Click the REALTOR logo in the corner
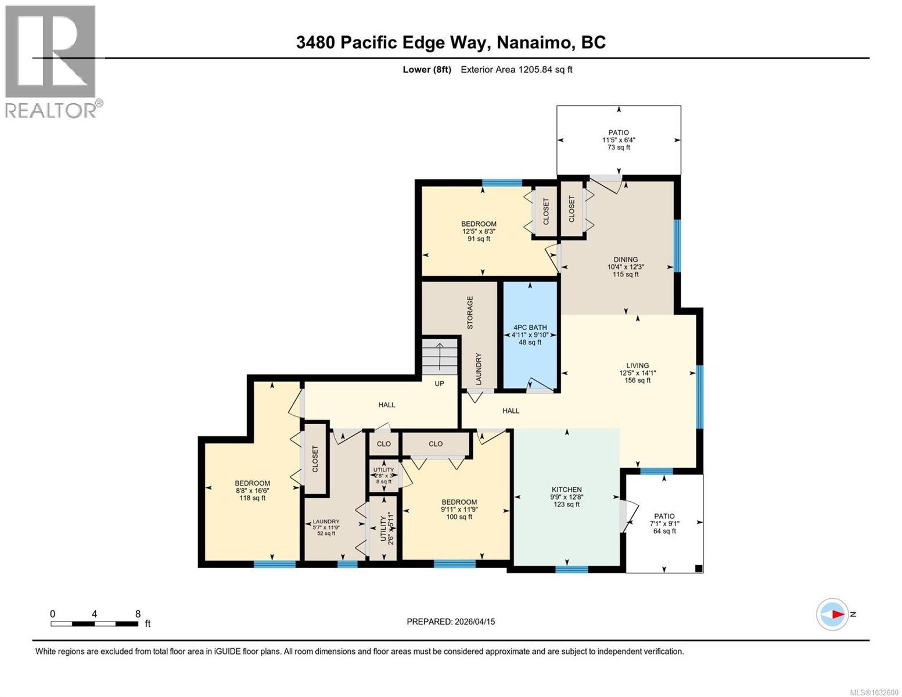coord(51,61)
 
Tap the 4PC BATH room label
coord(530,335)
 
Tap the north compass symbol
coord(833,614)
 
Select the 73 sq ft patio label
coord(619,140)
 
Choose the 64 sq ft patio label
coord(664,523)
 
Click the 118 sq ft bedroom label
coord(252,490)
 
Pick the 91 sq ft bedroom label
coord(479,231)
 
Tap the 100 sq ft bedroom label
coord(459,509)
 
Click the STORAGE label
coord(470,312)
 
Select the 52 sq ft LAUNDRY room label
coord(326,527)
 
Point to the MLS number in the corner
coord(874,691)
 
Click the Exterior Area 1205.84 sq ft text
coord(516,70)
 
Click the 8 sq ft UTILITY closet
coord(384,475)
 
